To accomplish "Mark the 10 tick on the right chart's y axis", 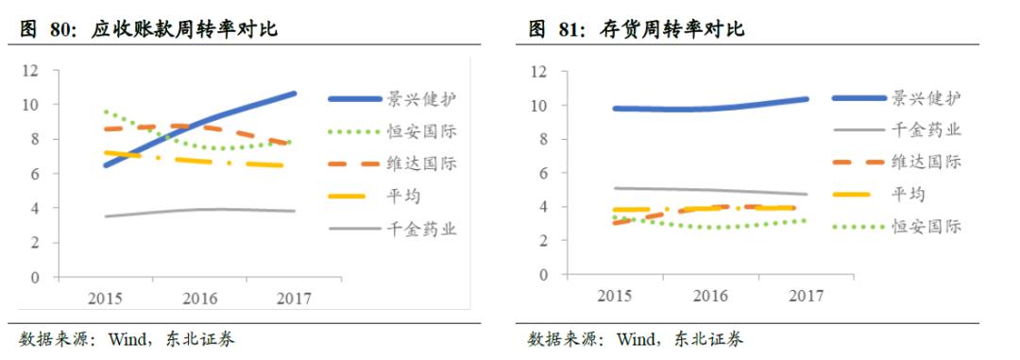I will click(x=539, y=105).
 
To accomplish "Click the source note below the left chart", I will click(x=127, y=339).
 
